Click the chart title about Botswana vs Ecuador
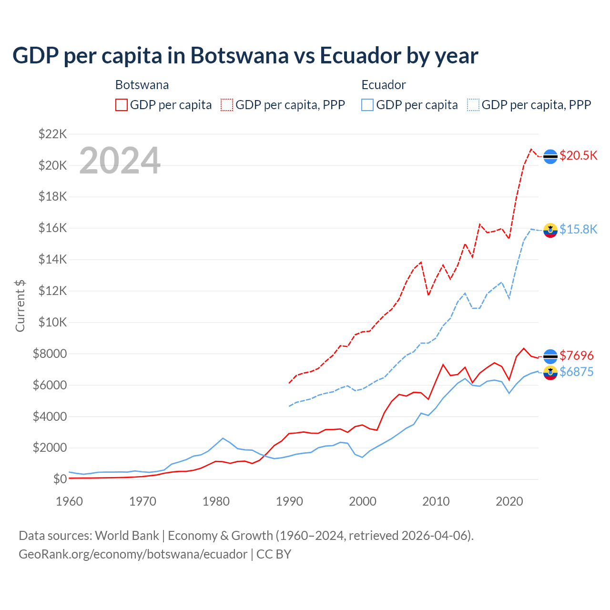tap(245, 56)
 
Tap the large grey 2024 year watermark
tap(120, 161)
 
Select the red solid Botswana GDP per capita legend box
tap(122, 105)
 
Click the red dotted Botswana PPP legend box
tap(227, 105)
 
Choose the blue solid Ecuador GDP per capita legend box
tap(367, 105)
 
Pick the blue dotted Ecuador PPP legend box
tap(473, 105)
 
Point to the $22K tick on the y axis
tap(52, 134)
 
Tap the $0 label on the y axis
tap(60, 479)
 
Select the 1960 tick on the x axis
tap(70, 501)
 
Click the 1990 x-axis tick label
tap(289, 501)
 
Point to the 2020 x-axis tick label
tap(509, 501)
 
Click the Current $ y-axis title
tap(20, 306)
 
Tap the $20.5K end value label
tap(578, 156)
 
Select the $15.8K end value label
tap(578, 229)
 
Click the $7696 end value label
tap(576, 356)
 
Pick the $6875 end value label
tap(576, 372)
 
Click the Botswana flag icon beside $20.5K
tap(550, 156)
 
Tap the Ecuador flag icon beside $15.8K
tap(550, 230)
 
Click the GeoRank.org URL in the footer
tap(133, 554)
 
